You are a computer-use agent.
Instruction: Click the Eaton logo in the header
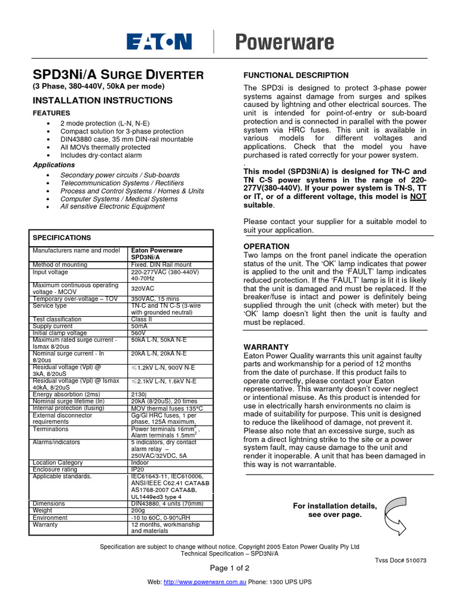[x=159, y=41]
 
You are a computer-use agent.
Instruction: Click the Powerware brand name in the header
[x=284, y=42]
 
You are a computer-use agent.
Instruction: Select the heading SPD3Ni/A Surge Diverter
[x=118, y=75]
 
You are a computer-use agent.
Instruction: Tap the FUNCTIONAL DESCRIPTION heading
[x=295, y=75]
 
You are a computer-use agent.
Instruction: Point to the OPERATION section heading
[x=267, y=246]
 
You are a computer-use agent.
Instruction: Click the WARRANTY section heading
[x=266, y=347]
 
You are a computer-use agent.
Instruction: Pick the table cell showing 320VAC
[x=143, y=288]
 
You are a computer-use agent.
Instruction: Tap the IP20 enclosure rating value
[x=137, y=469]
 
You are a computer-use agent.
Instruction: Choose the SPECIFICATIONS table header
[x=62, y=237]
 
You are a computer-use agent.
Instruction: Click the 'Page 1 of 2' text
[x=229, y=567]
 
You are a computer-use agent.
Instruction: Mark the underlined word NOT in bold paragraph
[x=418, y=196]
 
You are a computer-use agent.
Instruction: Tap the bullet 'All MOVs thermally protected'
[x=105, y=147]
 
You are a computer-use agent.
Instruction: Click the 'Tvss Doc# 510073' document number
[x=400, y=561]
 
